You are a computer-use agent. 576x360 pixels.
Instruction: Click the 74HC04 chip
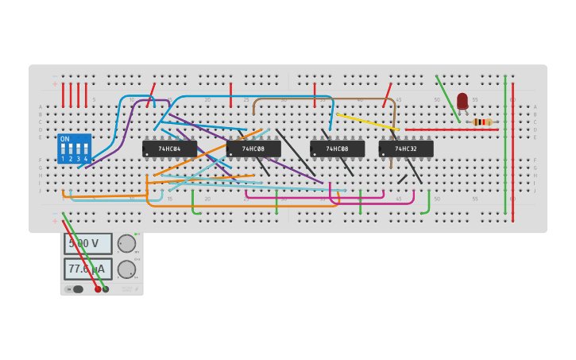169,149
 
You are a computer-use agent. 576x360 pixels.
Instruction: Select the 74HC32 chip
406,149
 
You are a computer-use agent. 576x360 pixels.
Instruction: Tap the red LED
462,100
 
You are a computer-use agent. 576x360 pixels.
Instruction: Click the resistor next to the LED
480,122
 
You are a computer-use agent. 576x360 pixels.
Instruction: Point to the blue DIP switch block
74,149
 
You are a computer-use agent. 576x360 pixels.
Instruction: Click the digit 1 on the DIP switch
63,159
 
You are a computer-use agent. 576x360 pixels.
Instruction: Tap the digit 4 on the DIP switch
86,159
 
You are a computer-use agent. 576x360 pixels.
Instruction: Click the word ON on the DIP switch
65,139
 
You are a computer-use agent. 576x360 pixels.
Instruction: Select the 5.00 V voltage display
87,243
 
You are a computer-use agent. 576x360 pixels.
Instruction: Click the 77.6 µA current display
87,269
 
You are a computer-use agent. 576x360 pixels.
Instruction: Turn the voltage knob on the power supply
126,243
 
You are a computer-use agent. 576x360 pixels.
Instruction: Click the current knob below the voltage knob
126,269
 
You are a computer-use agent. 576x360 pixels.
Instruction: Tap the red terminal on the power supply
98,289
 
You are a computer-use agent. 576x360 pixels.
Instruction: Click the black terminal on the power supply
106,289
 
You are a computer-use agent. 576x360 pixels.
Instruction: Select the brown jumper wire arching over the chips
326,99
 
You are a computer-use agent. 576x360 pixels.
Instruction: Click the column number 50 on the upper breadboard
436,100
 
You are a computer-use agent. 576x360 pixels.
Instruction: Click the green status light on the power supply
137,234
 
